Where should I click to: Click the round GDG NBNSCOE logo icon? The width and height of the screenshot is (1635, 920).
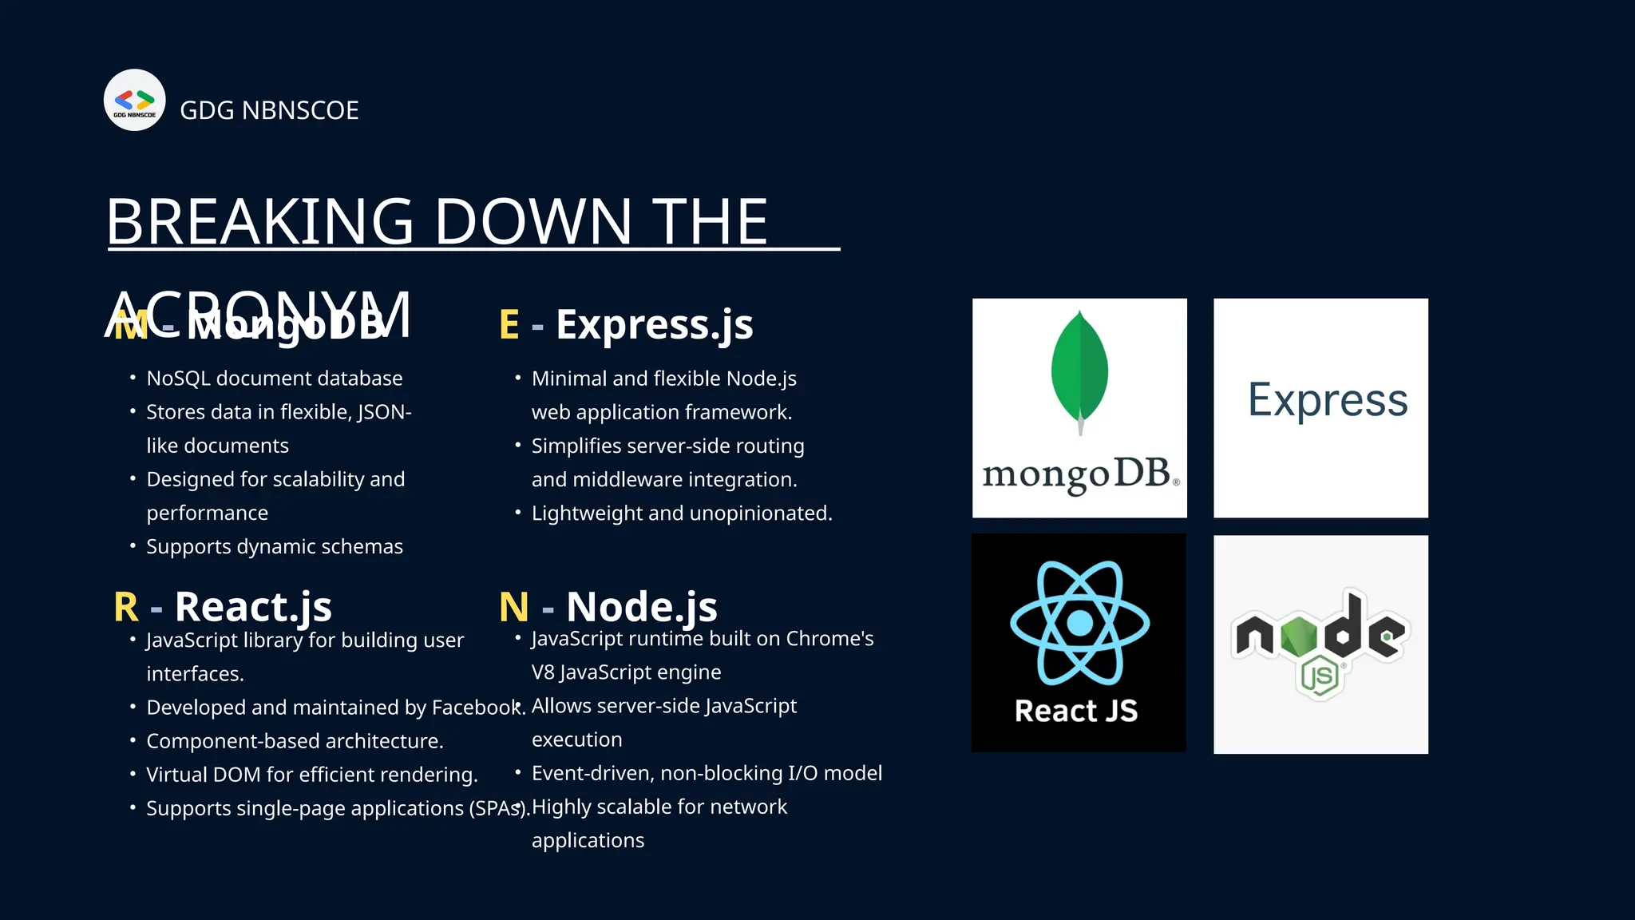(134, 100)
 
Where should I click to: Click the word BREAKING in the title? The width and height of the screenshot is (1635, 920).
(260, 222)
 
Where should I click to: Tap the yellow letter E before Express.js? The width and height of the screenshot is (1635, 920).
(509, 325)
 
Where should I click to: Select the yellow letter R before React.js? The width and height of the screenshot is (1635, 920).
(126, 607)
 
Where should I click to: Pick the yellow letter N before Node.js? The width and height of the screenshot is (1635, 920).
(513, 607)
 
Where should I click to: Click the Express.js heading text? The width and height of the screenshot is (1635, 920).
(654, 325)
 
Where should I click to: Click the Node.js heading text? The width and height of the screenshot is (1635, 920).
(641, 607)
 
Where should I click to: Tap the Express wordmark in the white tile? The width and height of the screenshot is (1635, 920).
(1327, 400)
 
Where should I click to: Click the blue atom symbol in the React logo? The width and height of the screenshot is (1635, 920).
(1079, 623)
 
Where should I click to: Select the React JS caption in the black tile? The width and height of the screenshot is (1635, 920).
(1076, 711)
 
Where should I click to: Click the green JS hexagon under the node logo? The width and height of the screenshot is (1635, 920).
(1319, 677)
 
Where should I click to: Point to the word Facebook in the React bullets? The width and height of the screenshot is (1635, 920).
(476, 708)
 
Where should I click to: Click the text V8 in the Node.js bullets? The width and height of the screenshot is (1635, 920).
(543, 672)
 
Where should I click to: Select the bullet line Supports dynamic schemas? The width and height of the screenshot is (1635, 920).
(274, 547)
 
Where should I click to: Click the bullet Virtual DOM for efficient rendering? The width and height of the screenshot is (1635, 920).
(311, 775)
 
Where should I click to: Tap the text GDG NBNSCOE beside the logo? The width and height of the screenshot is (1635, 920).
(269, 110)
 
